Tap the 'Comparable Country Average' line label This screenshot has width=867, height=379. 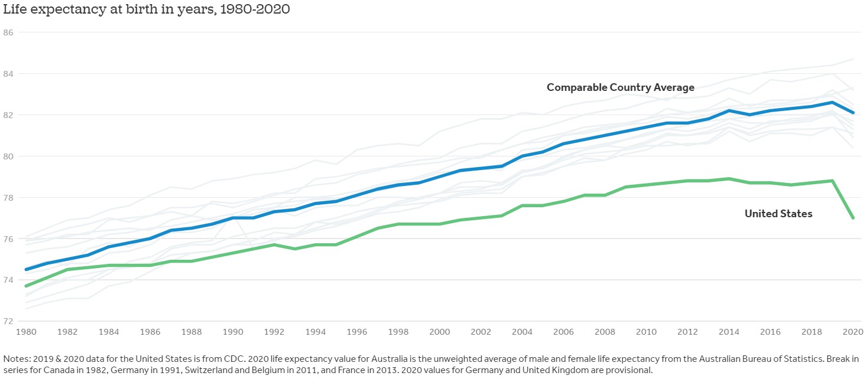[620, 87]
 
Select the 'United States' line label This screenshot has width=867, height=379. [778, 214]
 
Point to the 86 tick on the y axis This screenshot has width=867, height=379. [8, 32]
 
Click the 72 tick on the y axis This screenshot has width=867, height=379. [8, 321]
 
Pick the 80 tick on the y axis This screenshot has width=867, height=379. [8, 156]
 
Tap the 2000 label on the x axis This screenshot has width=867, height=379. [439, 333]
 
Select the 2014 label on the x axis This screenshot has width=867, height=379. [728, 333]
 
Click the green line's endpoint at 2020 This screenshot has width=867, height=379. [852, 218]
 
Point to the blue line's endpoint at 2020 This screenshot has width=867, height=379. [852, 113]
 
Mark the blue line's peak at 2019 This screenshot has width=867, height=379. [832, 102]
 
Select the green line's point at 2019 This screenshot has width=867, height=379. [832, 181]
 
